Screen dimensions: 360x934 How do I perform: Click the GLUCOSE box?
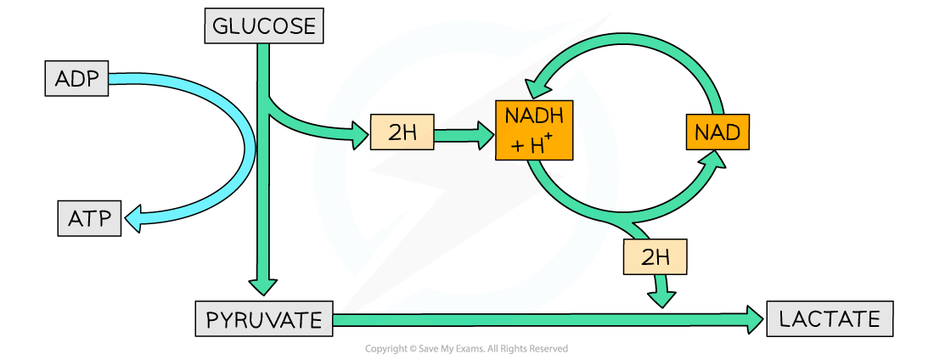pyautogui.click(x=264, y=26)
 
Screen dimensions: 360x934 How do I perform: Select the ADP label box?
pyautogui.click(x=76, y=80)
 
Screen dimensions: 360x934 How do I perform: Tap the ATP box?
pyautogui.click(x=89, y=219)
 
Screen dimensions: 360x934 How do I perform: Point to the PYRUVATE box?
pyautogui.click(x=264, y=320)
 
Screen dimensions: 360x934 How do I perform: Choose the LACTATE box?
pyautogui.click(x=830, y=319)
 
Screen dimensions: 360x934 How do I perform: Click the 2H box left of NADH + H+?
pyautogui.click(x=402, y=133)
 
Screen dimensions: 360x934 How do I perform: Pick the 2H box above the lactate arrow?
pyautogui.click(x=655, y=257)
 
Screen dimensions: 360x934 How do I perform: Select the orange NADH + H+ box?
pyautogui.click(x=534, y=131)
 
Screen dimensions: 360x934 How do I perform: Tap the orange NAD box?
pyautogui.click(x=717, y=132)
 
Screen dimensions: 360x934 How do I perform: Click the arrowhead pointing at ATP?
pyautogui.click(x=133, y=222)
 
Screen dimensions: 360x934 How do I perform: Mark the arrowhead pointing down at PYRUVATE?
pyautogui.click(x=263, y=286)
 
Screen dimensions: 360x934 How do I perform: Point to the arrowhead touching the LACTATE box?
pyautogui.click(x=754, y=320)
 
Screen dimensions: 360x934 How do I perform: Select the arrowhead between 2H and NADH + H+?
pyautogui.click(x=485, y=133)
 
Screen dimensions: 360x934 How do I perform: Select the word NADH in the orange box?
pyautogui.click(x=534, y=116)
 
